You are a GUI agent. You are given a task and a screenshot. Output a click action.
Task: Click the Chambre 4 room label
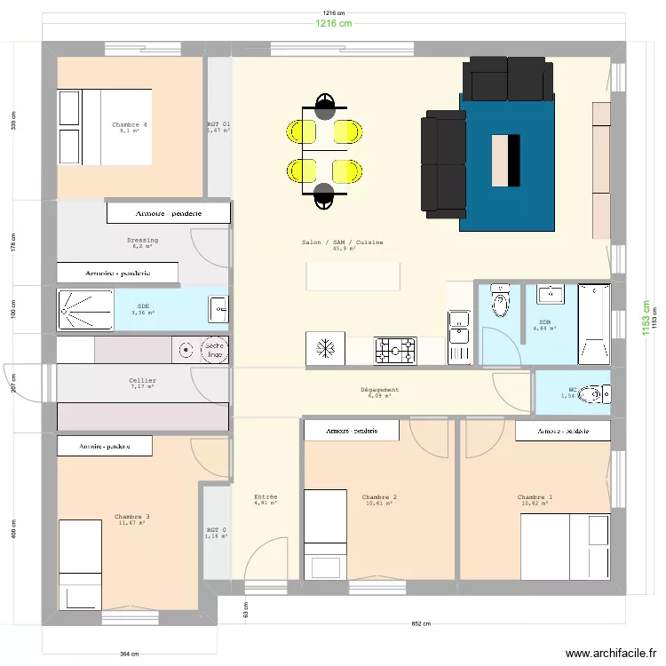point(130,125)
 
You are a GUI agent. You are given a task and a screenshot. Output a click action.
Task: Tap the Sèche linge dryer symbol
point(213,350)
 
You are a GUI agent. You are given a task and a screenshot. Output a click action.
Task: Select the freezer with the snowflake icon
point(324,349)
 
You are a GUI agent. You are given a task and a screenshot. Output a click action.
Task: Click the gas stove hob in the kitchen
point(394,351)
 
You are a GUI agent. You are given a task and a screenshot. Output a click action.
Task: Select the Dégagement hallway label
point(379,390)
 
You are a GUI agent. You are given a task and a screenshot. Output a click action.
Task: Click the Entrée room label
point(266,497)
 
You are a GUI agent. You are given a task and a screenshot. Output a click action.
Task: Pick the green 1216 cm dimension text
point(333,24)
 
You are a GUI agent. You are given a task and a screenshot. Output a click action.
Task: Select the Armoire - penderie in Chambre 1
point(563,431)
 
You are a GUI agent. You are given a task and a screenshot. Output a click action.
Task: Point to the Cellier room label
point(142,380)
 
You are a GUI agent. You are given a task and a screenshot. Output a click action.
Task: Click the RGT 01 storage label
point(218,125)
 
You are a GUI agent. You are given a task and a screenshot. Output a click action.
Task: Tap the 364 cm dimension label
point(129,654)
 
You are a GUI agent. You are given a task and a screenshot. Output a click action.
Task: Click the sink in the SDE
point(218,310)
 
